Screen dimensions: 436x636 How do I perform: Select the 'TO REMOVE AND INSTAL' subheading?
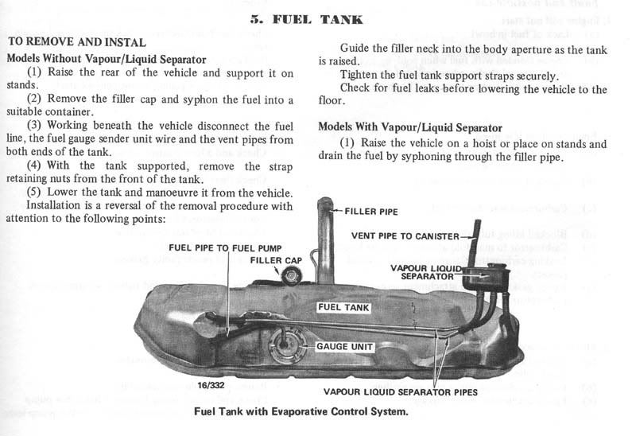(76, 42)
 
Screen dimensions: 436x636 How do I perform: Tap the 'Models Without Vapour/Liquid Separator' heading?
(107, 58)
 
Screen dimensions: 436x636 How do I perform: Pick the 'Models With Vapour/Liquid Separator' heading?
(410, 127)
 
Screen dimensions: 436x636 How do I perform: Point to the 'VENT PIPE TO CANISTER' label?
(405, 236)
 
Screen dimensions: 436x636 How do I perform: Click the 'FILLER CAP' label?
(276, 260)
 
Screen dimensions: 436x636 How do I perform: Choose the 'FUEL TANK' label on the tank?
(343, 306)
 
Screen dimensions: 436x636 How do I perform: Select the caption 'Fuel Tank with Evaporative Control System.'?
(301, 411)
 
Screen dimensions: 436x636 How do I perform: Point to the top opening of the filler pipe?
(325, 204)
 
